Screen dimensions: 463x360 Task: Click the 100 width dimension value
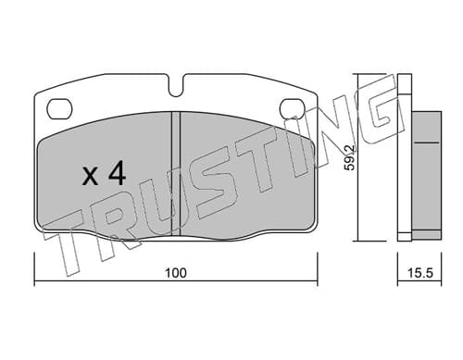(x=176, y=273)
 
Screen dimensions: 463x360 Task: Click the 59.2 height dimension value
(x=350, y=157)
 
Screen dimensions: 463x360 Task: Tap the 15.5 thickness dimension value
(x=420, y=273)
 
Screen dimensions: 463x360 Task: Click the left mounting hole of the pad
(x=59, y=109)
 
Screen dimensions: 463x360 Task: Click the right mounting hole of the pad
(x=293, y=109)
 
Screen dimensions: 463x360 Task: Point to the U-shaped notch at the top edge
(x=176, y=86)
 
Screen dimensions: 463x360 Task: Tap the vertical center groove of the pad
(x=175, y=174)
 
